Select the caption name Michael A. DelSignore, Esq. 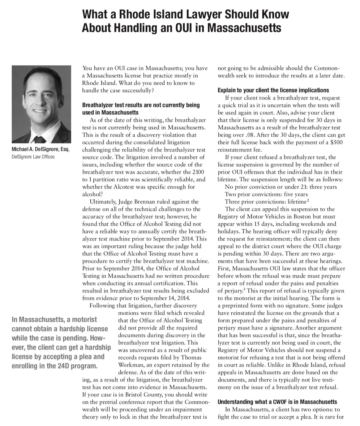click(41, 149)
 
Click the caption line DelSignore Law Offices click(33, 157)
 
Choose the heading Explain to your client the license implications click(273, 90)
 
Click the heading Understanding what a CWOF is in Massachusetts click(277, 402)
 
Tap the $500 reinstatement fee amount click(336, 142)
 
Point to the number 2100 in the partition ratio click(198, 172)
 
